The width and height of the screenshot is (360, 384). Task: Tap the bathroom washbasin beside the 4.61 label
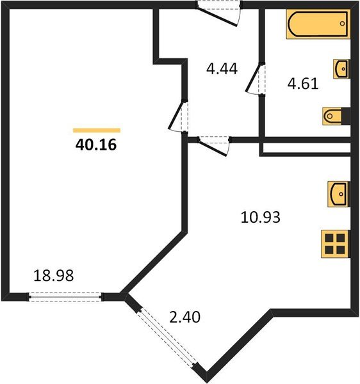341,68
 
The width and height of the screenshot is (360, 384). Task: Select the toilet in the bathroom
336,116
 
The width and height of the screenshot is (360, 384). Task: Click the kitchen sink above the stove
338,193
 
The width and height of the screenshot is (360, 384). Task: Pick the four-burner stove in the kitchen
335,243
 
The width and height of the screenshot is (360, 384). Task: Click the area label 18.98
53,276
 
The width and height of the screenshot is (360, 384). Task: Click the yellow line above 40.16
96,130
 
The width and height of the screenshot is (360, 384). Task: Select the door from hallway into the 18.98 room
179,116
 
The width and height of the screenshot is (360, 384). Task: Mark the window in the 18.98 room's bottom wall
65,296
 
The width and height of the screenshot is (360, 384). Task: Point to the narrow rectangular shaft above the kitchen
306,149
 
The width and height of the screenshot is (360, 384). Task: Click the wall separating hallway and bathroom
261,38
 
